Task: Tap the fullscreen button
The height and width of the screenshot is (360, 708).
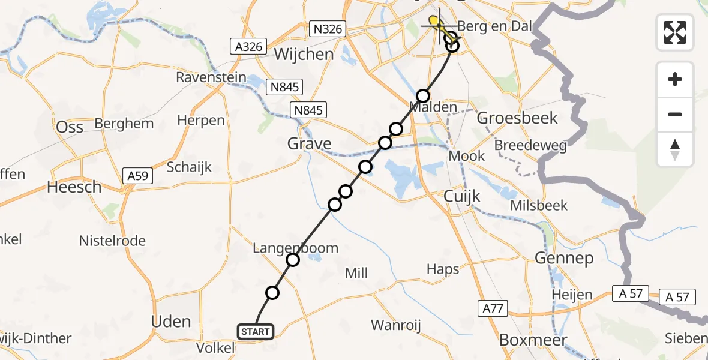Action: tap(675, 32)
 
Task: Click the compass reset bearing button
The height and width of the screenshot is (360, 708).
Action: tap(675, 149)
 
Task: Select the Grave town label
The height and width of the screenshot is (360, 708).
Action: tap(310, 144)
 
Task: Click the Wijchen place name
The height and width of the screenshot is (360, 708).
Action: tap(304, 55)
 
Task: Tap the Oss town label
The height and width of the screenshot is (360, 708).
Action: tap(70, 127)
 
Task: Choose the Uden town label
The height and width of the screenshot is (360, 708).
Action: tap(171, 322)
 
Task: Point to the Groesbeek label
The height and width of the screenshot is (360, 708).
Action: tap(517, 118)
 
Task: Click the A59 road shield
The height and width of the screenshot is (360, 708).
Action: tap(138, 176)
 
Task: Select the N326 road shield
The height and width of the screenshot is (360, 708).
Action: tap(328, 28)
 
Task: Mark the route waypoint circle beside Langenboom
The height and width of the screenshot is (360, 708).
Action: tap(293, 260)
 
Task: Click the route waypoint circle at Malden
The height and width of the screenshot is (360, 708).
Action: tap(424, 96)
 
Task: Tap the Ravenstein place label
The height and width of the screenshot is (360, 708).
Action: tap(211, 78)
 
